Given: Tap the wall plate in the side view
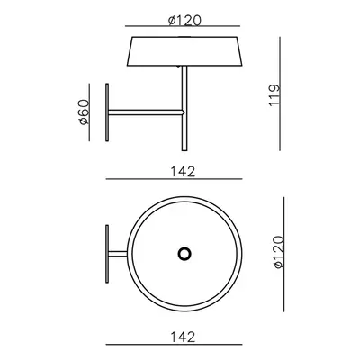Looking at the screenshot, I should point(109,112).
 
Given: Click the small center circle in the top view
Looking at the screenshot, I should point(184,255).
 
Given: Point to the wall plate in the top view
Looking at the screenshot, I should point(108,255).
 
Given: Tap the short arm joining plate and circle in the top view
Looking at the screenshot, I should point(119,255).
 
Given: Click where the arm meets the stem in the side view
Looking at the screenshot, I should point(184,112).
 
